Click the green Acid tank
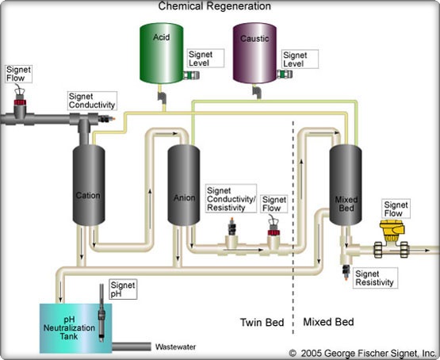coord(162,53)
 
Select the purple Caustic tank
coord(254,53)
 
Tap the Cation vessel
coord(89,186)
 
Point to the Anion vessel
coord(184,186)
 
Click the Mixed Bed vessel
coord(346,186)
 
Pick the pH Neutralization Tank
coord(76,328)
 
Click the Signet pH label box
coord(123,289)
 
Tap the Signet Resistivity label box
coord(375,278)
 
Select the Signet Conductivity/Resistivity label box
coord(231,199)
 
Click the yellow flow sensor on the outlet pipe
coord(392,231)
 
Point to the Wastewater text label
coord(176,347)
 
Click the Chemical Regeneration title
coord(215,6)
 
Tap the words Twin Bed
coord(262,322)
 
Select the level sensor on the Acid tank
coord(191,75)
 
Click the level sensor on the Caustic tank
coord(285,75)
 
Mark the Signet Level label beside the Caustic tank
coord(300,59)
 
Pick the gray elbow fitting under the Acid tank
coord(162,98)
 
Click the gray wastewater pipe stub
coord(132,347)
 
